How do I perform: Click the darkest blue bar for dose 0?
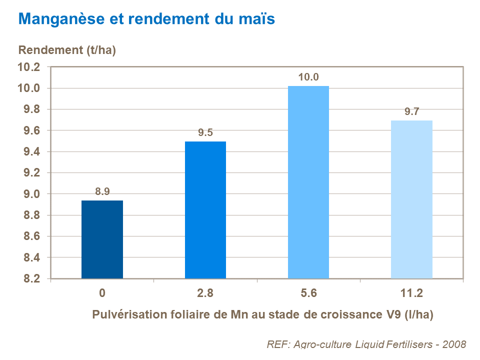tap(102, 239)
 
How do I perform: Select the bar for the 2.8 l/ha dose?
tap(205, 210)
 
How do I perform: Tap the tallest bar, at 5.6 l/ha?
tap(308, 182)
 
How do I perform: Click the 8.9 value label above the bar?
tap(102, 191)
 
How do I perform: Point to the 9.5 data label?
tap(205, 132)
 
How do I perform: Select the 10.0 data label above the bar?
tap(308, 77)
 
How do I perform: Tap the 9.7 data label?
tap(411, 111)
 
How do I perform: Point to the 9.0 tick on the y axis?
tap(31, 194)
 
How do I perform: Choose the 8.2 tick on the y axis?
tap(31, 278)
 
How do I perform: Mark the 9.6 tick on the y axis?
tap(31, 130)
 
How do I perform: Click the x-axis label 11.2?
tap(411, 293)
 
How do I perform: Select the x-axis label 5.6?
tap(308, 293)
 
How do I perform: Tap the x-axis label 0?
tap(102, 293)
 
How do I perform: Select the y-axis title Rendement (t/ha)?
tap(67, 50)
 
